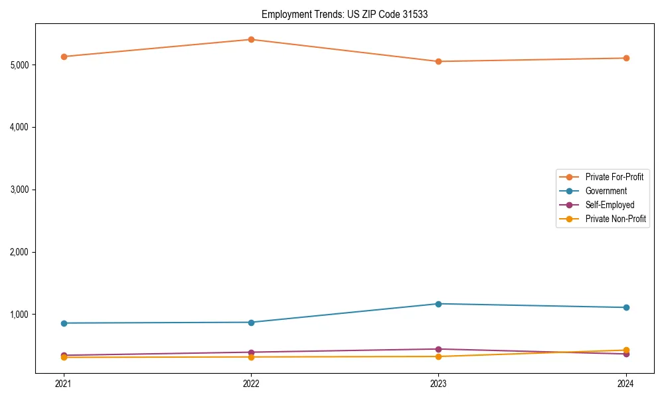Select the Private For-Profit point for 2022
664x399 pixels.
pos(251,39)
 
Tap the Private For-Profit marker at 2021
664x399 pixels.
pos(64,57)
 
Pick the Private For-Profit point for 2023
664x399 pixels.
pos(438,61)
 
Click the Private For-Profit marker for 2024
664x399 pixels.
pos(626,58)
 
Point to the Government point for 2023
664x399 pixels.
pos(438,304)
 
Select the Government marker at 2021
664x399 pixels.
pos(64,323)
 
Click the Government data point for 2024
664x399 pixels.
pos(626,307)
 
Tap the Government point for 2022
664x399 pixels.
pos(251,323)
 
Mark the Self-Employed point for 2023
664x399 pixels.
pos(438,349)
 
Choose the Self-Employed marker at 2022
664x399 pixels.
pos(251,352)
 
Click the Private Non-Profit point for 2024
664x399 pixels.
pos(626,350)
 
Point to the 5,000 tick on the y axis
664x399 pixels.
pos(19,65)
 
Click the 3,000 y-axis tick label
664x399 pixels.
pos(19,190)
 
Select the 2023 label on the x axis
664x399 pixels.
pos(438,383)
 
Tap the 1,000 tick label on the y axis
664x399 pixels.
pos(19,315)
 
